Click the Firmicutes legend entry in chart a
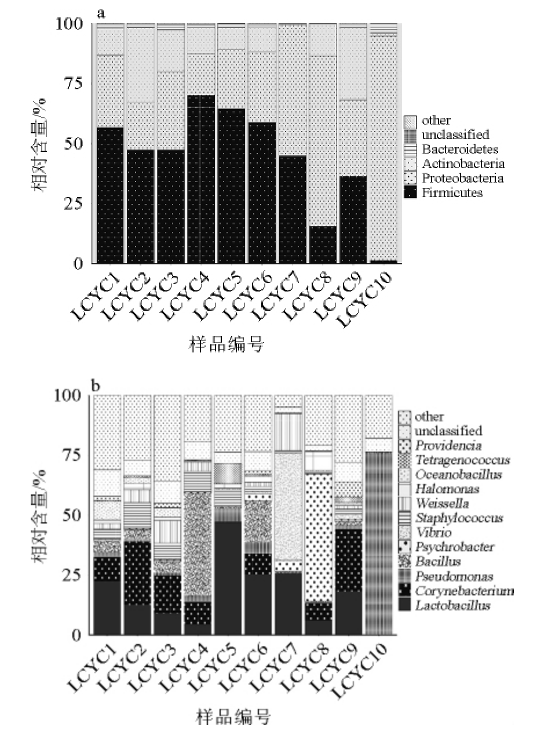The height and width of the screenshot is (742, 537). point(452,193)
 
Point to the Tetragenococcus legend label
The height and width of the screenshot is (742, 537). point(462,460)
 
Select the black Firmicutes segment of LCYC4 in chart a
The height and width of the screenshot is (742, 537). point(201,180)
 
